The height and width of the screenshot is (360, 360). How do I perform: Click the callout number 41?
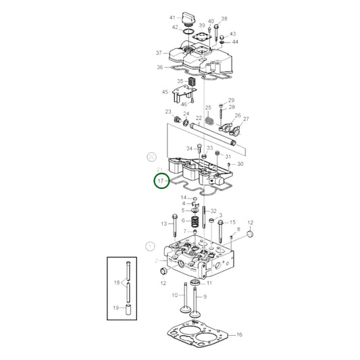(x=172, y=17)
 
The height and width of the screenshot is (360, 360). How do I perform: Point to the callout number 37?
(x=159, y=53)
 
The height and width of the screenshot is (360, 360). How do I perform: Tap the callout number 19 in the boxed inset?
(x=116, y=307)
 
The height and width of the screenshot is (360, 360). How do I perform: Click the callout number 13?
(x=163, y=224)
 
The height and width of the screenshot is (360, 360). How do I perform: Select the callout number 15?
(x=232, y=222)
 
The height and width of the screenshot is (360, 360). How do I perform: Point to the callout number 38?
(x=224, y=19)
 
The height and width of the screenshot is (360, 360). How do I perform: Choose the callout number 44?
(x=235, y=42)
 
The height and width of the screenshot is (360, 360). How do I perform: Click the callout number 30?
(x=240, y=164)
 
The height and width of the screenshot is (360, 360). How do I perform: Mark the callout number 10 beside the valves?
(x=174, y=295)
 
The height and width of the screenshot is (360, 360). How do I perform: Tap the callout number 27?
(x=246, y=119)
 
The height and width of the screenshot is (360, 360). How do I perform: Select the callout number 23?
(x=168, y=112)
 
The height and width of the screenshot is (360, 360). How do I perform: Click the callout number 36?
(x=160, y=67)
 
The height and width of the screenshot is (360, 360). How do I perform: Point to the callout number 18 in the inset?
(x=116, y=282)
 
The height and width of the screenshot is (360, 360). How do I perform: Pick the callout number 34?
(x=188, y=148)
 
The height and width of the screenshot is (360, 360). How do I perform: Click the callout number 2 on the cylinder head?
(x=156, y=260)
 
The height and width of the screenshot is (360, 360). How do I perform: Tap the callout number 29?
(x=231, y=100)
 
